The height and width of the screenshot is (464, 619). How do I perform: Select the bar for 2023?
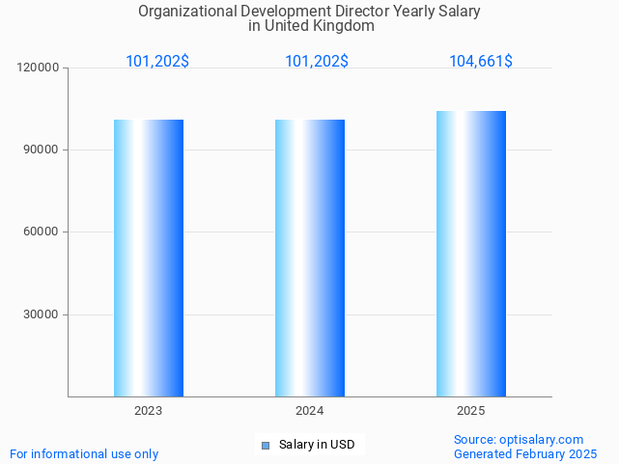click(149, 258)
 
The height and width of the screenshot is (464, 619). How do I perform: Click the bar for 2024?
click(310, 258)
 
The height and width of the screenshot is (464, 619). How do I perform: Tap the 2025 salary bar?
click(471, 254)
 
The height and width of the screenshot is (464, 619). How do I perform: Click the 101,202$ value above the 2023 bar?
click(157, 62)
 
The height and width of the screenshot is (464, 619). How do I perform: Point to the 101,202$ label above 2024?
click(317, 62)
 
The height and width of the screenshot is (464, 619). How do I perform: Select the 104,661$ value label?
click(481, 62)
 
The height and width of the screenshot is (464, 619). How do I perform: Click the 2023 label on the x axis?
click(149, 411)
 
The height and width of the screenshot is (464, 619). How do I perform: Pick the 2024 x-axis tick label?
click(310, 411)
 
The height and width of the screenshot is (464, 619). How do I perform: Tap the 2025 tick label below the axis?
click(471, 411)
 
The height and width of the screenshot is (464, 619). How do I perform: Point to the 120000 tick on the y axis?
click(40, 68)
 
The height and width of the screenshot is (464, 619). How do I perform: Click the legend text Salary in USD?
click(317, 445)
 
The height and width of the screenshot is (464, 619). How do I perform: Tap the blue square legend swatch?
click(266, 445)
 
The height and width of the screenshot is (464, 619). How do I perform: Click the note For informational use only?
click(84, 453)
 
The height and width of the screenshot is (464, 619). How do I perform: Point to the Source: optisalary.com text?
click(519, 439)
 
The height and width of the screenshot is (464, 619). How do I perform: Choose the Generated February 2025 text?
click(525, 453)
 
